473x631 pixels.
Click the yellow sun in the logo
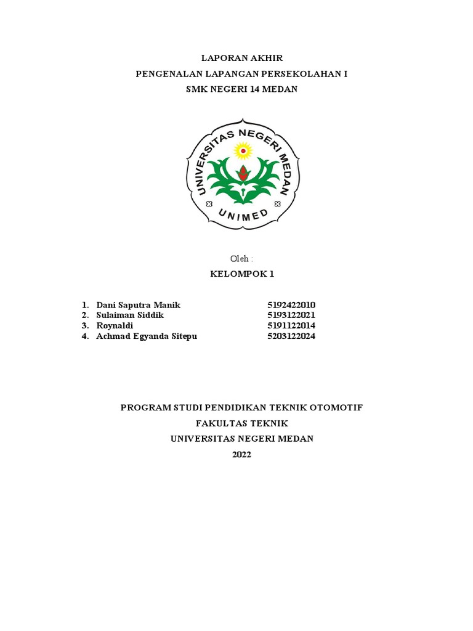click(x=244, y=149)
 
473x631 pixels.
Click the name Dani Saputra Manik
click(x=139, y=306)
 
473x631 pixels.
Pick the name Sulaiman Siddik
click(x=131, y=315)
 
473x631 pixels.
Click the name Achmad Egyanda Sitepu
click(x=147, y=336)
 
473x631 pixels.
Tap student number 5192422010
click(x=291, y=306)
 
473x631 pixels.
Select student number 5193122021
click(x=291, y=315)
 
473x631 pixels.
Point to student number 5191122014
click(x=291, y=325)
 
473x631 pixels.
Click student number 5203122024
click(x=291, y=336)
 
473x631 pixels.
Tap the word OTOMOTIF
click(x=336, y=408)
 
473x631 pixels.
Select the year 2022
click(x=241, y=455)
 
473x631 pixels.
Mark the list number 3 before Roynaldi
click(x=84, y=325)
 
